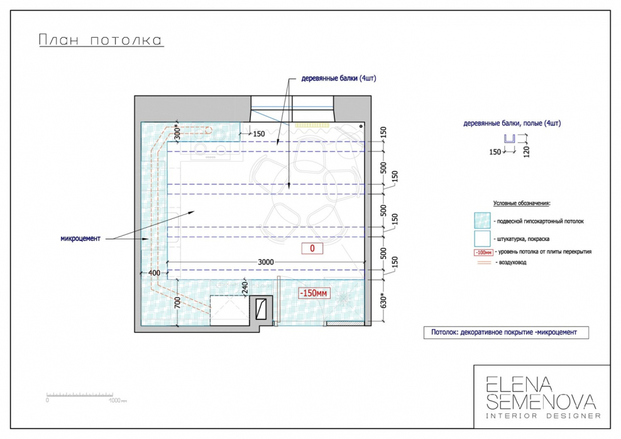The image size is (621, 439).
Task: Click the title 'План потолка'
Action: (101, 40)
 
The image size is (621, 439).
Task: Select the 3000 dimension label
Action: (266, 262)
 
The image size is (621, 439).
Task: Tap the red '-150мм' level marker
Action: (313, 293)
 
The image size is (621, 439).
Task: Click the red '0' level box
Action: (312, 248)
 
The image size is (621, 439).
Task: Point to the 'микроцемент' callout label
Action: (80, 238)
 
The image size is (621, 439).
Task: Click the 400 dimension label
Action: (154, 272)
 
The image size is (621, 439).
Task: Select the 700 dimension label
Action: (177, 303)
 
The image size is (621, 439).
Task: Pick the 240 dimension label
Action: (245, 287)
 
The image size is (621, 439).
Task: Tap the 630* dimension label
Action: (383, 301)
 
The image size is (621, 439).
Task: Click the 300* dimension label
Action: (177, 133)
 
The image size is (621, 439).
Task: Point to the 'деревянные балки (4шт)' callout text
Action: (339, 78)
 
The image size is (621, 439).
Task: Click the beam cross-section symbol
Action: (509, 138)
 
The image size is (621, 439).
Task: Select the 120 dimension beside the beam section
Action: (526, 151)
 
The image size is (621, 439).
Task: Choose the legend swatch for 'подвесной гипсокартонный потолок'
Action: (482, 221)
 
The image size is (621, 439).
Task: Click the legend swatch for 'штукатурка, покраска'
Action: (482, 238)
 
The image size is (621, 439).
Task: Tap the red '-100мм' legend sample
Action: (483, 252)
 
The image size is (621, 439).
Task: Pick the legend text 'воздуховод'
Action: (512, 262)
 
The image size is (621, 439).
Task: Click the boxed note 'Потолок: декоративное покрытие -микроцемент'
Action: (506, 333)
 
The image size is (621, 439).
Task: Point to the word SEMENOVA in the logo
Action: (541, 402)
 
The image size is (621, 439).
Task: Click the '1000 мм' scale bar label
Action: (118, 401)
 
